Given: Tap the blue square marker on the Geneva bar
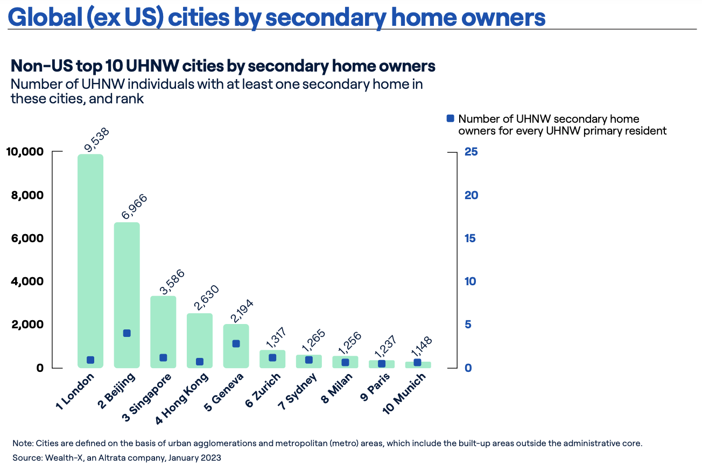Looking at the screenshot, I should coord(236,344).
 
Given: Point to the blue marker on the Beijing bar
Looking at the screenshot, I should coord(127,333).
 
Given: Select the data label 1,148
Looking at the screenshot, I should coord(422,348).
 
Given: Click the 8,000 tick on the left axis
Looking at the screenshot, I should coord(25,195).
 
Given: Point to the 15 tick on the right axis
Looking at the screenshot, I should coord(471,238).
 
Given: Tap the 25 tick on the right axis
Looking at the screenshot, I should coord(471,152).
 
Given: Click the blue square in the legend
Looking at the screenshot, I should coord(451,118).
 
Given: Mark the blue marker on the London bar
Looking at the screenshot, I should coord(90,360).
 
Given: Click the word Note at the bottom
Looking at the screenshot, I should coord(22,443).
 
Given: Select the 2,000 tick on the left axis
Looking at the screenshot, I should coord(25,325).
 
